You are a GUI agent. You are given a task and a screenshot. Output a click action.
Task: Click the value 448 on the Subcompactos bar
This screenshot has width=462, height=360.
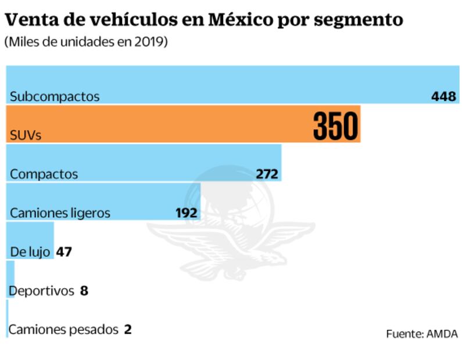point(444,96)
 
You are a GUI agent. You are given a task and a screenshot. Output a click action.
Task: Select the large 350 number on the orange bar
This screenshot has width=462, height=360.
point(336,125)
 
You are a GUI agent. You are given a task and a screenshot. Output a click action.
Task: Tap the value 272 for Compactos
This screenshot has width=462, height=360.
point(267,174)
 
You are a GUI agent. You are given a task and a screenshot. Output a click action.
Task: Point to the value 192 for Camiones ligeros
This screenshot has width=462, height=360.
point(187,213)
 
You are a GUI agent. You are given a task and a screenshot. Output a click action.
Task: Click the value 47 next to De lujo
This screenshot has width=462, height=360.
point(64,252)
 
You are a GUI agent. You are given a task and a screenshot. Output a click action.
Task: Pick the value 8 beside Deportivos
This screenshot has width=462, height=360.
point(84,290)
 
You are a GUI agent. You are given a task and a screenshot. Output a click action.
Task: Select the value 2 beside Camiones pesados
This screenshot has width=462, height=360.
point(127,329)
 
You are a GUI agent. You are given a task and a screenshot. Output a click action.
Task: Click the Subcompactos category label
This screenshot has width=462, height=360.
point(55,97)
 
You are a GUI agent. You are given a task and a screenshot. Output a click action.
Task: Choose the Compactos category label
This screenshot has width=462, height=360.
point(44,174)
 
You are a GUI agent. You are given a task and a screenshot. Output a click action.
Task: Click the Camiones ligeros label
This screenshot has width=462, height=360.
point(60,213)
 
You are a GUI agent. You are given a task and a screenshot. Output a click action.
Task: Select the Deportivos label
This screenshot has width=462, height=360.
point(42,290)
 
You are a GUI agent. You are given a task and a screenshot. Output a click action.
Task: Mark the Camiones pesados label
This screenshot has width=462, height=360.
point(63,329)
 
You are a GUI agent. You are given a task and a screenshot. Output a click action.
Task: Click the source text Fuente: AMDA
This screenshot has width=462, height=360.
point(422,334)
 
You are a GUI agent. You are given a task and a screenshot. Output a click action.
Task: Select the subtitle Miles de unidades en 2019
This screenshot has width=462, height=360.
point(86,43)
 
